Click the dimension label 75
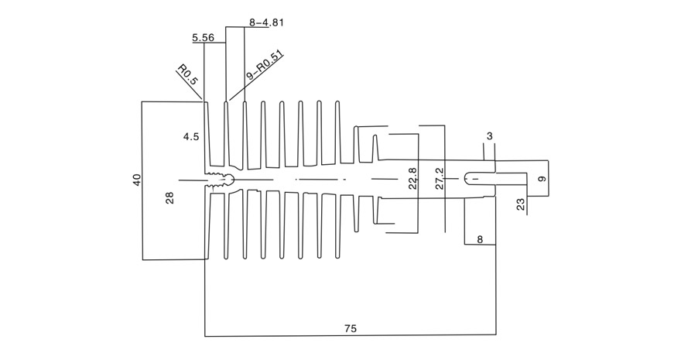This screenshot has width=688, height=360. click(351, 328)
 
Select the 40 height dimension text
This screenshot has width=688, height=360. click(137, 180)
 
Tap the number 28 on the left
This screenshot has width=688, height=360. click(169, 198)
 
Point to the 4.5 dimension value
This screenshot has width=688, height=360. click(191, 137)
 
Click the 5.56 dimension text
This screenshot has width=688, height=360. click(204, 38)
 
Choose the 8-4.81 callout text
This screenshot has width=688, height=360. click(266, 22)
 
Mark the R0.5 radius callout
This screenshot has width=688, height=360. click(188, 74)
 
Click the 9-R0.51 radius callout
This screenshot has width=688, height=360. click(264, 65)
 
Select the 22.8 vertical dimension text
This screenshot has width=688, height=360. click(412, 178)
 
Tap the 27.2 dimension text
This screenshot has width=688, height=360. click(440, 178)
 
